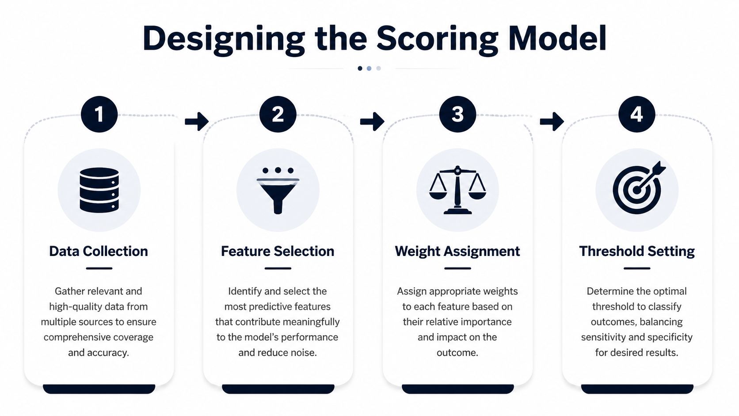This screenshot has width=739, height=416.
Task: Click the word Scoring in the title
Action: (438, 40)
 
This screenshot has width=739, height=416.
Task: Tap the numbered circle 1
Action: (99, 114)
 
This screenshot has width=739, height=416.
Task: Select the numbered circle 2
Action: (278, 114)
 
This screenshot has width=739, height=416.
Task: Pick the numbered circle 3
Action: (457, 114)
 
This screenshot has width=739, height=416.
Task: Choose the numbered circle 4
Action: (637, 114)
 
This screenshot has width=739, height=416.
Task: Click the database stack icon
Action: (99, 190)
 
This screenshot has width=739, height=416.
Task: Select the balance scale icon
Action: (457, 190)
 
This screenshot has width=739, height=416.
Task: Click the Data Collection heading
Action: (99, 252)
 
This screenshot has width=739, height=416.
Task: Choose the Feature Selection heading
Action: (278, 252)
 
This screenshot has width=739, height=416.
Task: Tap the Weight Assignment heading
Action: (457, 252)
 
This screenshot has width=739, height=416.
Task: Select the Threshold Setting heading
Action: (637, 252)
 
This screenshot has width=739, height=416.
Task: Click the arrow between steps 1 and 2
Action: (197, 122)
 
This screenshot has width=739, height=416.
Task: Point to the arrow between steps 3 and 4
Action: (552, 122)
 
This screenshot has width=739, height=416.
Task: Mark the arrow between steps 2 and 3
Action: (372, 122)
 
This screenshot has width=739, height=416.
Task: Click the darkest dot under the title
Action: (360, 68)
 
